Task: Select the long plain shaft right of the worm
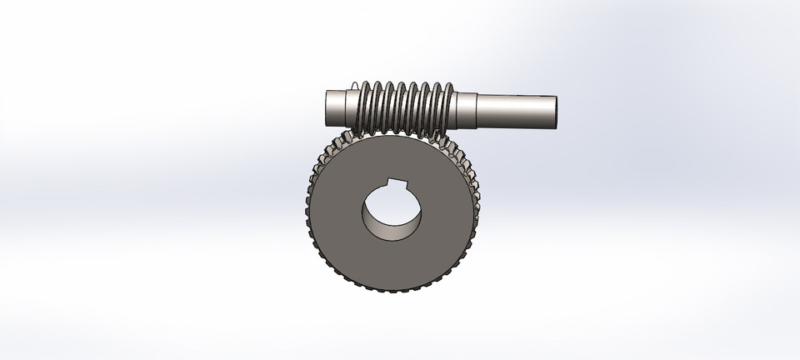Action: coord(517,112)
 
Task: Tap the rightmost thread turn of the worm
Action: coord(450,104)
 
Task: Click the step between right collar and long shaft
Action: coord(478,112)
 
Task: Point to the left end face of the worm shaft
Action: coord(322,106)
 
